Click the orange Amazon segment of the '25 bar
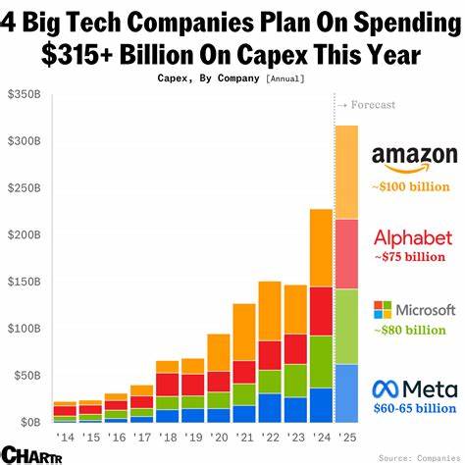(346, 172)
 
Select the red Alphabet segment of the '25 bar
(346, 253)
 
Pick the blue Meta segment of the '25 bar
(346, 391)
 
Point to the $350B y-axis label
(24, 94)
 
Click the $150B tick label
(24, 282)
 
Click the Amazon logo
(414, 159)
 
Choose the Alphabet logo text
(413, 237)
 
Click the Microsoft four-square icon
(384, 311)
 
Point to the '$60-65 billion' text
(414, 408)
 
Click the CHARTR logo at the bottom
(27, 454)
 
